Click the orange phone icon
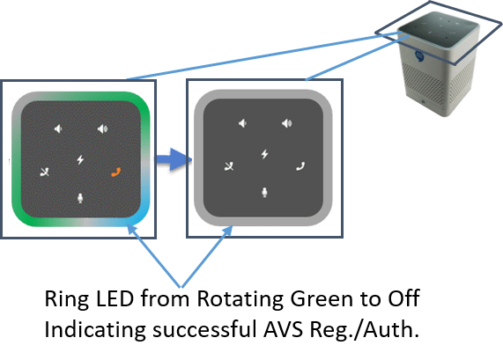point(115,173)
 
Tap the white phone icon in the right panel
point(300,166)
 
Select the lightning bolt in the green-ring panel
point(80,159)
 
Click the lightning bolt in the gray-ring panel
point(264,154)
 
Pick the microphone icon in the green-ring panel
point(80,198)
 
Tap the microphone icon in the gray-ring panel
point(264,193)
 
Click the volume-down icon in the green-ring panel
point(58,129)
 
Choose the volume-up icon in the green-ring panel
point(103,129)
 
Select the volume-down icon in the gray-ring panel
point(242,123)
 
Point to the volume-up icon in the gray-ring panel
point(287,123)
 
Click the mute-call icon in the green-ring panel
point(45,173)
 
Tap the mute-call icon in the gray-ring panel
point(229,166)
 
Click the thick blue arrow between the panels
point(174,159)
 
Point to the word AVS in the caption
point(283,329)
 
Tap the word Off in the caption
point(403,298)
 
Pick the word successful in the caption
point(204,329)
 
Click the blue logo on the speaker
point(419,56)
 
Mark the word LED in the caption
point(115,298)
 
